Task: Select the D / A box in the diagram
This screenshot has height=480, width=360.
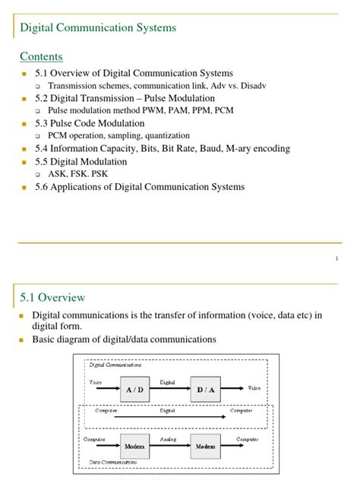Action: coord(205,389)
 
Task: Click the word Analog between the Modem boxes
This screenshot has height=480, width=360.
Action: coord(169,439)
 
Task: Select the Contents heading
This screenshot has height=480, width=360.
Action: coord(41,57)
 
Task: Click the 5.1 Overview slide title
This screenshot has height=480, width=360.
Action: coord(52,297)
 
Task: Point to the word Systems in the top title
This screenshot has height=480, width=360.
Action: coord(154,27)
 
